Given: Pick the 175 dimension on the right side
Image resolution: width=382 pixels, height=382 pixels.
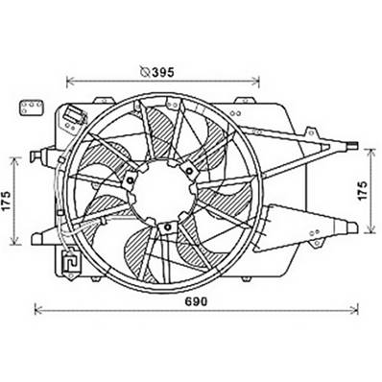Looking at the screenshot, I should point(362,191).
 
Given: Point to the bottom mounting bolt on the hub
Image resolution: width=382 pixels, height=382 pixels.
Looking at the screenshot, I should point(168,227).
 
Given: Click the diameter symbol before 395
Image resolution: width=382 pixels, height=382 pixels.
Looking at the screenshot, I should point(144,70).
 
